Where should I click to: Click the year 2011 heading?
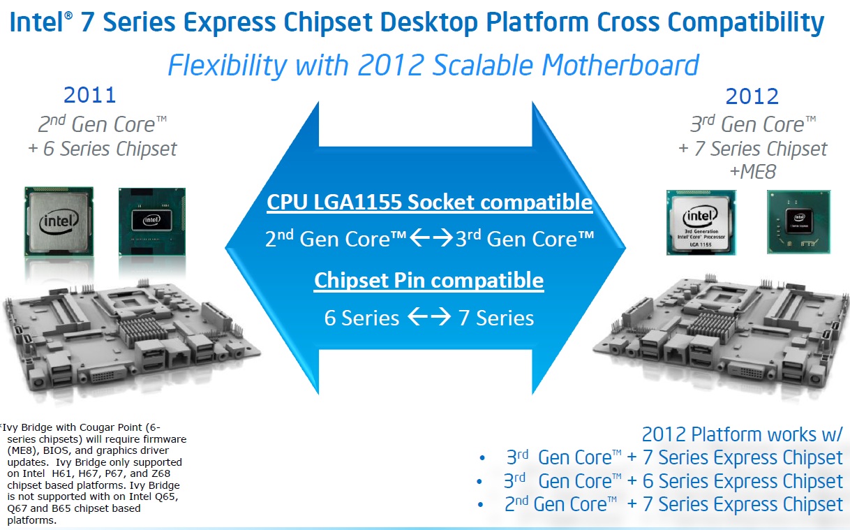(x=90, y=95)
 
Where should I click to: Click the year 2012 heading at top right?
(x=752, y=96)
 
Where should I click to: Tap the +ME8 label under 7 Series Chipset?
(x=753, y=172)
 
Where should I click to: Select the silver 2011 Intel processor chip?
(x=59, y=221)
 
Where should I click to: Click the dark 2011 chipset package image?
(x=152, y=221)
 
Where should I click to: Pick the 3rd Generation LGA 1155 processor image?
(x=701, y=223)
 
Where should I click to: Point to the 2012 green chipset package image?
(x=799, y=222)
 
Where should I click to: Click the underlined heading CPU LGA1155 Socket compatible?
(x=430, y=202)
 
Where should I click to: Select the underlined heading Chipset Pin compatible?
(x=428, y=281)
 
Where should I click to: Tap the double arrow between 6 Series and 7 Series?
(x=429, y=316)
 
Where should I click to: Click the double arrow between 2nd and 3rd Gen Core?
(x=431, y=237)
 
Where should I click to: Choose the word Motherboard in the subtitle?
(x=620, y=66)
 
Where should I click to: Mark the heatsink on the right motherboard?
(x=714, y=325)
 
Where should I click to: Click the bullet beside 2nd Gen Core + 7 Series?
(x=480, y=505)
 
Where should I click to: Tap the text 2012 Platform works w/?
(x=742, y=434)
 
